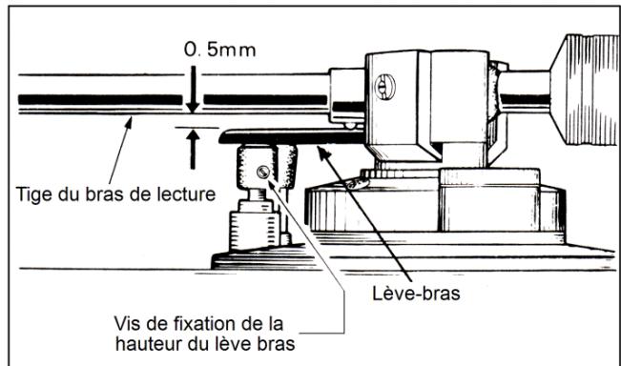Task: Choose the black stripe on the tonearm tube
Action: point(95,98)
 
